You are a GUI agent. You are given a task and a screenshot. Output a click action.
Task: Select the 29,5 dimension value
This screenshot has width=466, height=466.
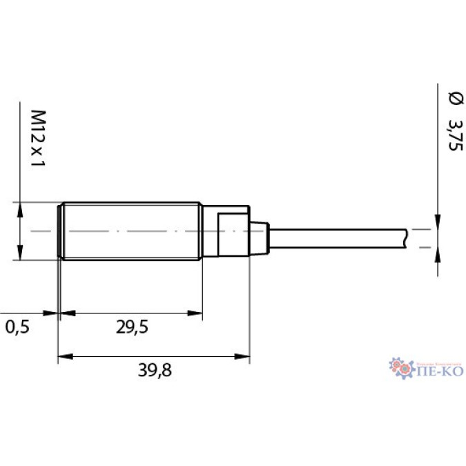pyautogui.click(x=131, y=327)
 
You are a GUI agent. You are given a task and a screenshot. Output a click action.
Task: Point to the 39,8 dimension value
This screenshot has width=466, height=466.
pyautogui.click(x=154, y=371)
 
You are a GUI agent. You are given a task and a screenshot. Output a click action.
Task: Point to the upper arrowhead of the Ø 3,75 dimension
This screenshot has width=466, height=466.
pyautogui.click(x=437, y=218)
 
